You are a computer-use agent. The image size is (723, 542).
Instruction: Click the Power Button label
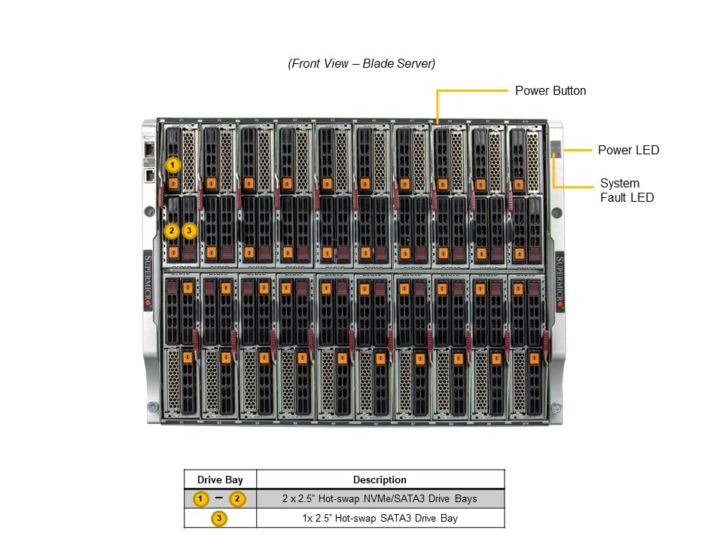click(x=550, y=90)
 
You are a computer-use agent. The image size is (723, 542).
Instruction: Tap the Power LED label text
click(x=628, y=150)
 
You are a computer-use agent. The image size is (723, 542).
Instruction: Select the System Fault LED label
click(x=627, y=190)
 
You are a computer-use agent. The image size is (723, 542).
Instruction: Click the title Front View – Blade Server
click(x=361, y=63)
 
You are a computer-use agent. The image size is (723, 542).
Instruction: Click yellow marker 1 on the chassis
click(x=173, y=163)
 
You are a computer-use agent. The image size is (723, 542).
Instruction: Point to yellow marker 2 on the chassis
click(x=172, y=230)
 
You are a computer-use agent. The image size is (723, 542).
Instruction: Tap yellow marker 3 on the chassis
click(x=190, y=230)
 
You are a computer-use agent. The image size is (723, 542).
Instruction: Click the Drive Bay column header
click(x=220, y=480)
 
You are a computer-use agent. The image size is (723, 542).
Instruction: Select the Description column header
click(x=380, y=480)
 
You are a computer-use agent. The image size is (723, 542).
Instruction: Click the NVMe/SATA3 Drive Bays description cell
click(x=380, y=498)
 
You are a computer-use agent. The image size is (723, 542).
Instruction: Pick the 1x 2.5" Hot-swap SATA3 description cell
click(x=380, y=518)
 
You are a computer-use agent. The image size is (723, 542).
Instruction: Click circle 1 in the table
click(x=201, y=498)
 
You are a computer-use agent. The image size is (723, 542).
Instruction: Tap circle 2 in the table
click(x=237, y=498)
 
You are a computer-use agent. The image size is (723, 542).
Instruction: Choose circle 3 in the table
click(x=219, y=518)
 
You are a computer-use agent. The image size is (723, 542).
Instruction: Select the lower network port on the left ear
click(x=150, y=175)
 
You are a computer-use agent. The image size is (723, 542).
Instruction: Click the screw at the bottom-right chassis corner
click(x=556, y=408)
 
